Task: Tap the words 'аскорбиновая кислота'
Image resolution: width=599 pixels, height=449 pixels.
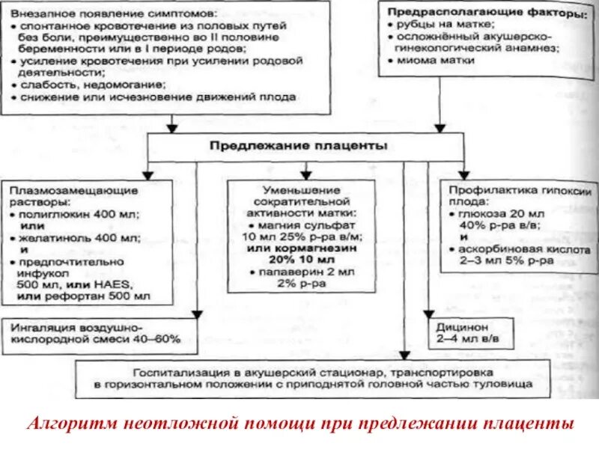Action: click(509, 249)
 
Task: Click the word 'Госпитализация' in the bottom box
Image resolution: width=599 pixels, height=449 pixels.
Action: click(177, 371)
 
